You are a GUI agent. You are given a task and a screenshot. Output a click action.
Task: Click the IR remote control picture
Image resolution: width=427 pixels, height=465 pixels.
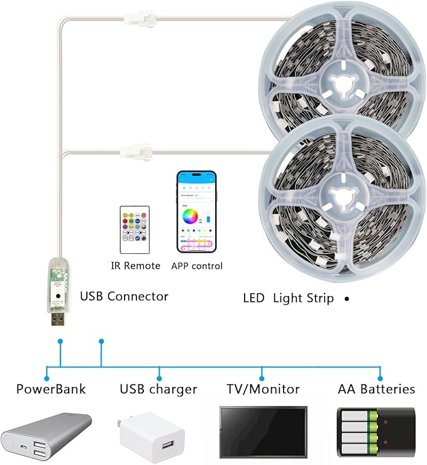[135, 229]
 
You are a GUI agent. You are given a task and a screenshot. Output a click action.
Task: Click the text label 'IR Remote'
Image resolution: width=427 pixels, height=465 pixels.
[135, 266]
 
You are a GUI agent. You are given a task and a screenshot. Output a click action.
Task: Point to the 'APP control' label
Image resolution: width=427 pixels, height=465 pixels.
[197, 266]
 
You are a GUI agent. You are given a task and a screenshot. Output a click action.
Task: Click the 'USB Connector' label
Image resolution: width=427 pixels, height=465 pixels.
[124, 296]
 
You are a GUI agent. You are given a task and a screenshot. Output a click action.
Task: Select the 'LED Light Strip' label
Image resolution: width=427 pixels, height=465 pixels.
[288, 298]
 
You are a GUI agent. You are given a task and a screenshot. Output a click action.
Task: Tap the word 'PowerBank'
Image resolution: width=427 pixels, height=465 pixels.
[51, 389]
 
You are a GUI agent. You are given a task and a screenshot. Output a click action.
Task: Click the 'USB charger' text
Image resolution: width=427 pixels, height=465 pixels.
[158, 390]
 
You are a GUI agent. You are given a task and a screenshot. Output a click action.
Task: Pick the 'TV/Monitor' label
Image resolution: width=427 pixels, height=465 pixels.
[263, 389]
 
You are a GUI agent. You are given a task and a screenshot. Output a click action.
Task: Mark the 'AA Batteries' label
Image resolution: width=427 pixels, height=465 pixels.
[376, 389]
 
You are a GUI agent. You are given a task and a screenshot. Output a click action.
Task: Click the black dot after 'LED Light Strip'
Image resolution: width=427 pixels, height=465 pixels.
[347, 299]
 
